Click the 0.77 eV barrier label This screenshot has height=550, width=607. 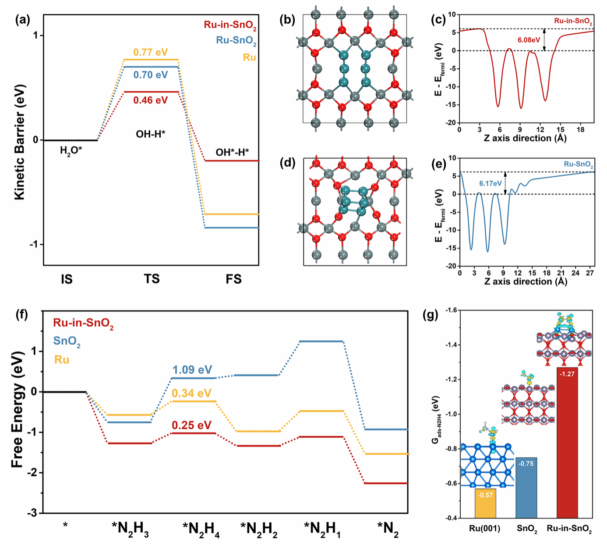pyautogui.click(x=150, y=52)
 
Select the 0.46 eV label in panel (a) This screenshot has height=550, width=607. pyautogui.click(x=150, y=100)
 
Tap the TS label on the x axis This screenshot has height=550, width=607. pyautogui.click(x=152, y=279)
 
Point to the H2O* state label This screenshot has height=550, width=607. pyautogui.click(x=71, y=151)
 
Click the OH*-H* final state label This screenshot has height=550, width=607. pyautogui.click(x=232, y=152)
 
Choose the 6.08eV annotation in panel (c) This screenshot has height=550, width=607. pyautogui.click(x=529, y=40)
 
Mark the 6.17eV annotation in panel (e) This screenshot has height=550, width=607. pyautogui.click(x=490, y=183)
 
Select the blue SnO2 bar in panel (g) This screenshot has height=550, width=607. pyautogui.click(x=526, y=487)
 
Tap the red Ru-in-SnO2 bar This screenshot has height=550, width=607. pyautogui.click(x=567, y=443)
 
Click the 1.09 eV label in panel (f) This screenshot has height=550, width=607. pyautogui.click(x=192, y=370)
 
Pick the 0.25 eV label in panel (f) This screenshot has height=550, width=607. pyautogui.click(x=191, y=425)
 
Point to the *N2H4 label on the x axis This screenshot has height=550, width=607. pyautogui.click(x=201, y=529)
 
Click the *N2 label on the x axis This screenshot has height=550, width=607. pyautogui.click(x=388, y=529)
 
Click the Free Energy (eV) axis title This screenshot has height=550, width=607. pyautogui.click(x=18, y=410)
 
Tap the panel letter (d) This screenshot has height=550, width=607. pyautogui.click(x=288, y=163)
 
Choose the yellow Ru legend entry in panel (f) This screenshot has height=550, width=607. pyautogui.click(x=62, y=360)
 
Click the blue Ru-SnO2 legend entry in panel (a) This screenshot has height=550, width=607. pyautogui.click(x=236, y=40)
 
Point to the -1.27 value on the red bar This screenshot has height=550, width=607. pyautogui.click(x=567, y=374)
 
